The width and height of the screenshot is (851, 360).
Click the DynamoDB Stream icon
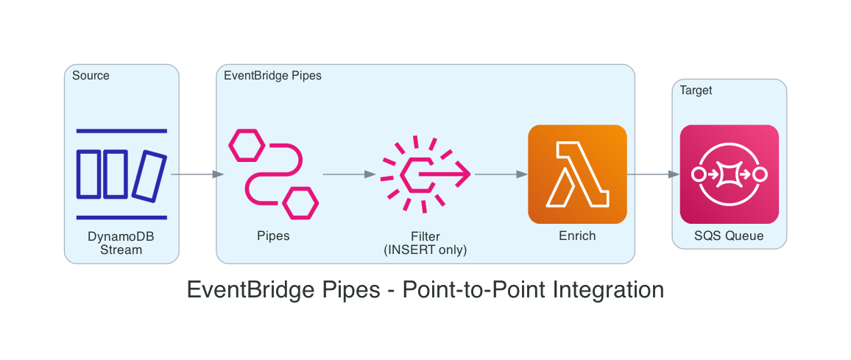(x=121, y=174)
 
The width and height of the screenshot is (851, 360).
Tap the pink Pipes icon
(x=273, y=174)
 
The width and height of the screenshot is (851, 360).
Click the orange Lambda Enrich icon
(x=577, y=174)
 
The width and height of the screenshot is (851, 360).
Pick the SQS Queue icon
(x=729, y=174)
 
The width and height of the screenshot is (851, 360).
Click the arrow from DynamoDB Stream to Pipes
(x=197, y=174)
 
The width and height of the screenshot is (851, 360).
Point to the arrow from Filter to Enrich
(x=501, y=174)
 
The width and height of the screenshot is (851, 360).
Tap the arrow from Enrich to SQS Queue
(x=653, y=174)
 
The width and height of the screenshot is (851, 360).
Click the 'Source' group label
(x=91, y=76)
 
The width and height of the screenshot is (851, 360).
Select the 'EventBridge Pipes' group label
(x=272, y=76)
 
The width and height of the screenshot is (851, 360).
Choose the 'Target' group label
(x=696, y=91)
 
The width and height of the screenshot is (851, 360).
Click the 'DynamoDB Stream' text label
(x=121, y=243)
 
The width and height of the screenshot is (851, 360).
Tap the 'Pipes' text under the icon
(x=273, y=236)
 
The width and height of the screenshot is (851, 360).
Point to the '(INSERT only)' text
(x=425, y=250)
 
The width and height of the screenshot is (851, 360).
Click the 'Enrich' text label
(x=577, y=236)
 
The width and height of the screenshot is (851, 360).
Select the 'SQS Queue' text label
(x=729, y=236)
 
